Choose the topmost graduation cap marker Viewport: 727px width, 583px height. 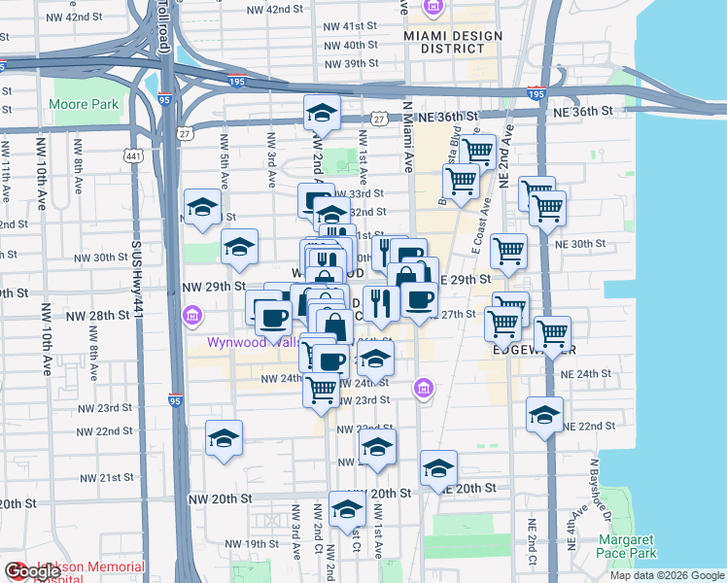(x=321, y=114)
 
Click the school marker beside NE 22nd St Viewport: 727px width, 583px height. (x=544, y=415)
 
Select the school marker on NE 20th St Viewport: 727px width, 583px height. (x=438, y=469)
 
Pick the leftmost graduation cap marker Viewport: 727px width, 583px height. (x=202, y=207)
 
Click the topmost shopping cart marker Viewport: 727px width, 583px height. (x=477, y=152)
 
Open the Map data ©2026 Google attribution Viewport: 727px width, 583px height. (x=665, y=575)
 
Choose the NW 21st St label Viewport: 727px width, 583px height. (x=107, y=478)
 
